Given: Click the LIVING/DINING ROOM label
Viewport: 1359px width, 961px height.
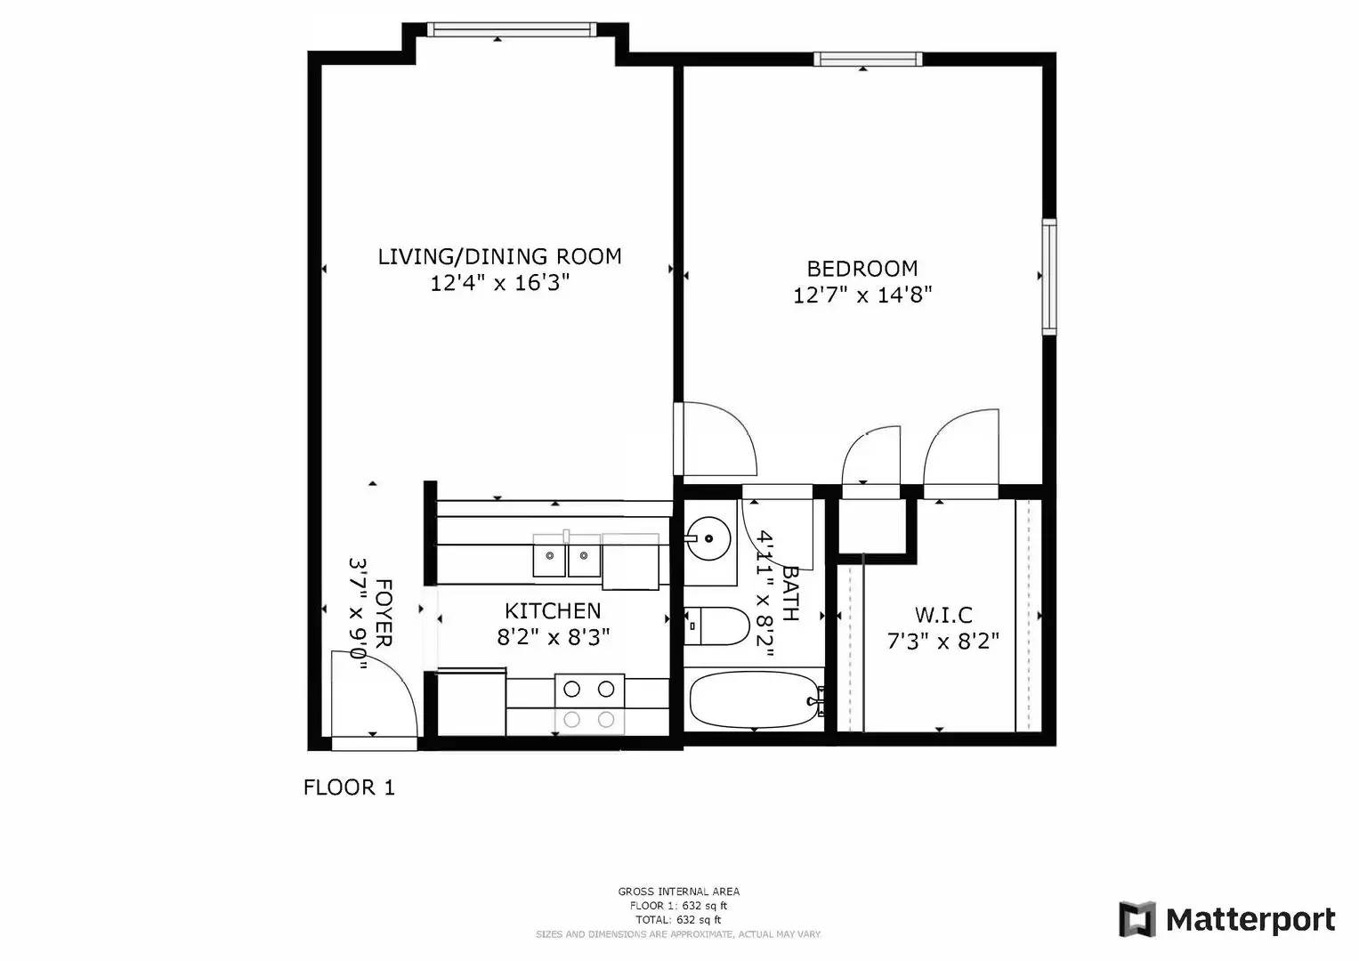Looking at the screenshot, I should tap(499, 256).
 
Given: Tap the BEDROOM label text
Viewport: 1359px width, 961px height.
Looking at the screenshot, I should tap(862, 268).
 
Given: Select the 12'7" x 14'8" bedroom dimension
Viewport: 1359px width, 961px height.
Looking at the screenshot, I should tap(862, 295).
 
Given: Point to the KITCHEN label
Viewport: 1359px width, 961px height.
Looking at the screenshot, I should tap(553, 610).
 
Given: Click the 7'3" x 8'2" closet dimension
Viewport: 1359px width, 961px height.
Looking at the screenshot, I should tap(943, 641).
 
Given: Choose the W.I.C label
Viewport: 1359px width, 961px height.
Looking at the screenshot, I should tap(943, 615).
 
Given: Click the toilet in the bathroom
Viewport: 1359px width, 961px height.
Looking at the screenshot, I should tap(717, 626).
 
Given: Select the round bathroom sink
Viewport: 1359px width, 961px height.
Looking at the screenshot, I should tap(708, 537).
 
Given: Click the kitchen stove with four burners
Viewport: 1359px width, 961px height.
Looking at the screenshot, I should tap(589, 704).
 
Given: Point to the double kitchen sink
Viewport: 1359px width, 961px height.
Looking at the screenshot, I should tap(567, 556).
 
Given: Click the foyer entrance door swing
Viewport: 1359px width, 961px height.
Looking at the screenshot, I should tap(373, 694).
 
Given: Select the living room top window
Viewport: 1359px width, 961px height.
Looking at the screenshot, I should tap(511, 30).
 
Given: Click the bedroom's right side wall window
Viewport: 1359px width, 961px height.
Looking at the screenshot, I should tap(1049, 277).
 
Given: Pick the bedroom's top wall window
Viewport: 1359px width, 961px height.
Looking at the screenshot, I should tap(867, 60).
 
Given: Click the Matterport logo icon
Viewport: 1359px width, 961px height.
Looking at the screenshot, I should tap(1137, 919).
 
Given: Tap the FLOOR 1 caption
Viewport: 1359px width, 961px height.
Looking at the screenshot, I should tap(349, 787).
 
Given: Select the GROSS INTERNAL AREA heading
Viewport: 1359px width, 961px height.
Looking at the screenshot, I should tap(678, 892).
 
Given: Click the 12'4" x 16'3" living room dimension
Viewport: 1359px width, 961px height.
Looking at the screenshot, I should tap(499, 283).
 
